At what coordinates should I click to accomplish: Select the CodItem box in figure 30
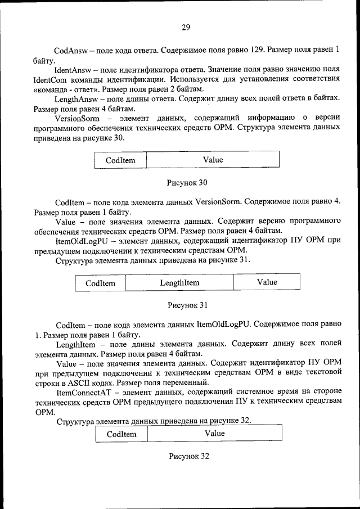(120, 160)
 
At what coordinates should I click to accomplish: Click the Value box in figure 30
(213, 160)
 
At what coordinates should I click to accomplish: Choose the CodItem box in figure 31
(100, 283)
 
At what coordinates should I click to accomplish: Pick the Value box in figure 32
(214, 434)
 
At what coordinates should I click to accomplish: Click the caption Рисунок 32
(189, 456)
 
